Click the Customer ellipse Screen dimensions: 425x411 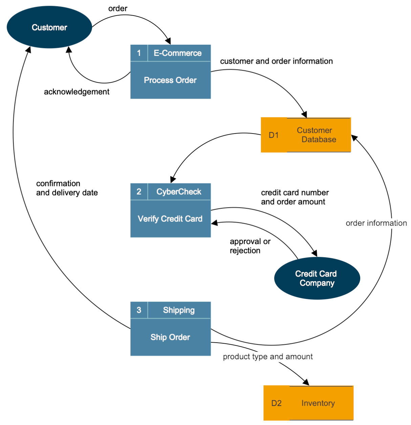(x=49, y=27)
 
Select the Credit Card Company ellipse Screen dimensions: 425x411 (x=317, y=278)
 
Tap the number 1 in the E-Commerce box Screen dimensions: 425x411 (x=139, y=53)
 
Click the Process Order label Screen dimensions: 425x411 (x=170, y=80)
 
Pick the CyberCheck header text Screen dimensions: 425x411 (x=179, y=192)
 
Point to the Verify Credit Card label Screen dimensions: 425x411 (x=170, y=219)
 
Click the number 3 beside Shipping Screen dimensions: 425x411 (x=139, y=310)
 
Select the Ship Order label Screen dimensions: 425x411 (x=170, y=337)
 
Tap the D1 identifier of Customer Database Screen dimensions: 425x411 (x=274, y=135)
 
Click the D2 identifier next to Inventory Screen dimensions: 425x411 (x=276, y=403)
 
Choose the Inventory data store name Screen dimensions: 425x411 (x=318, y=403)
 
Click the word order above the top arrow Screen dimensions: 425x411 (x=118, y=8)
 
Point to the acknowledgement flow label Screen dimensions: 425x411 (x=77, y=92)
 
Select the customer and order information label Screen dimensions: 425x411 (x=276, y=61)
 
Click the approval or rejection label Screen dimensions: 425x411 (x=250, y=246)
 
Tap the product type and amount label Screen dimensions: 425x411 (x=268, y=357)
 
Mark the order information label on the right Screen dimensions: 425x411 (x=376, y=223)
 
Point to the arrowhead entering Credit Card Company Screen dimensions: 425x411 (x=315, y=254)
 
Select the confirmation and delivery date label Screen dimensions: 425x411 (x=67, y=188)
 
